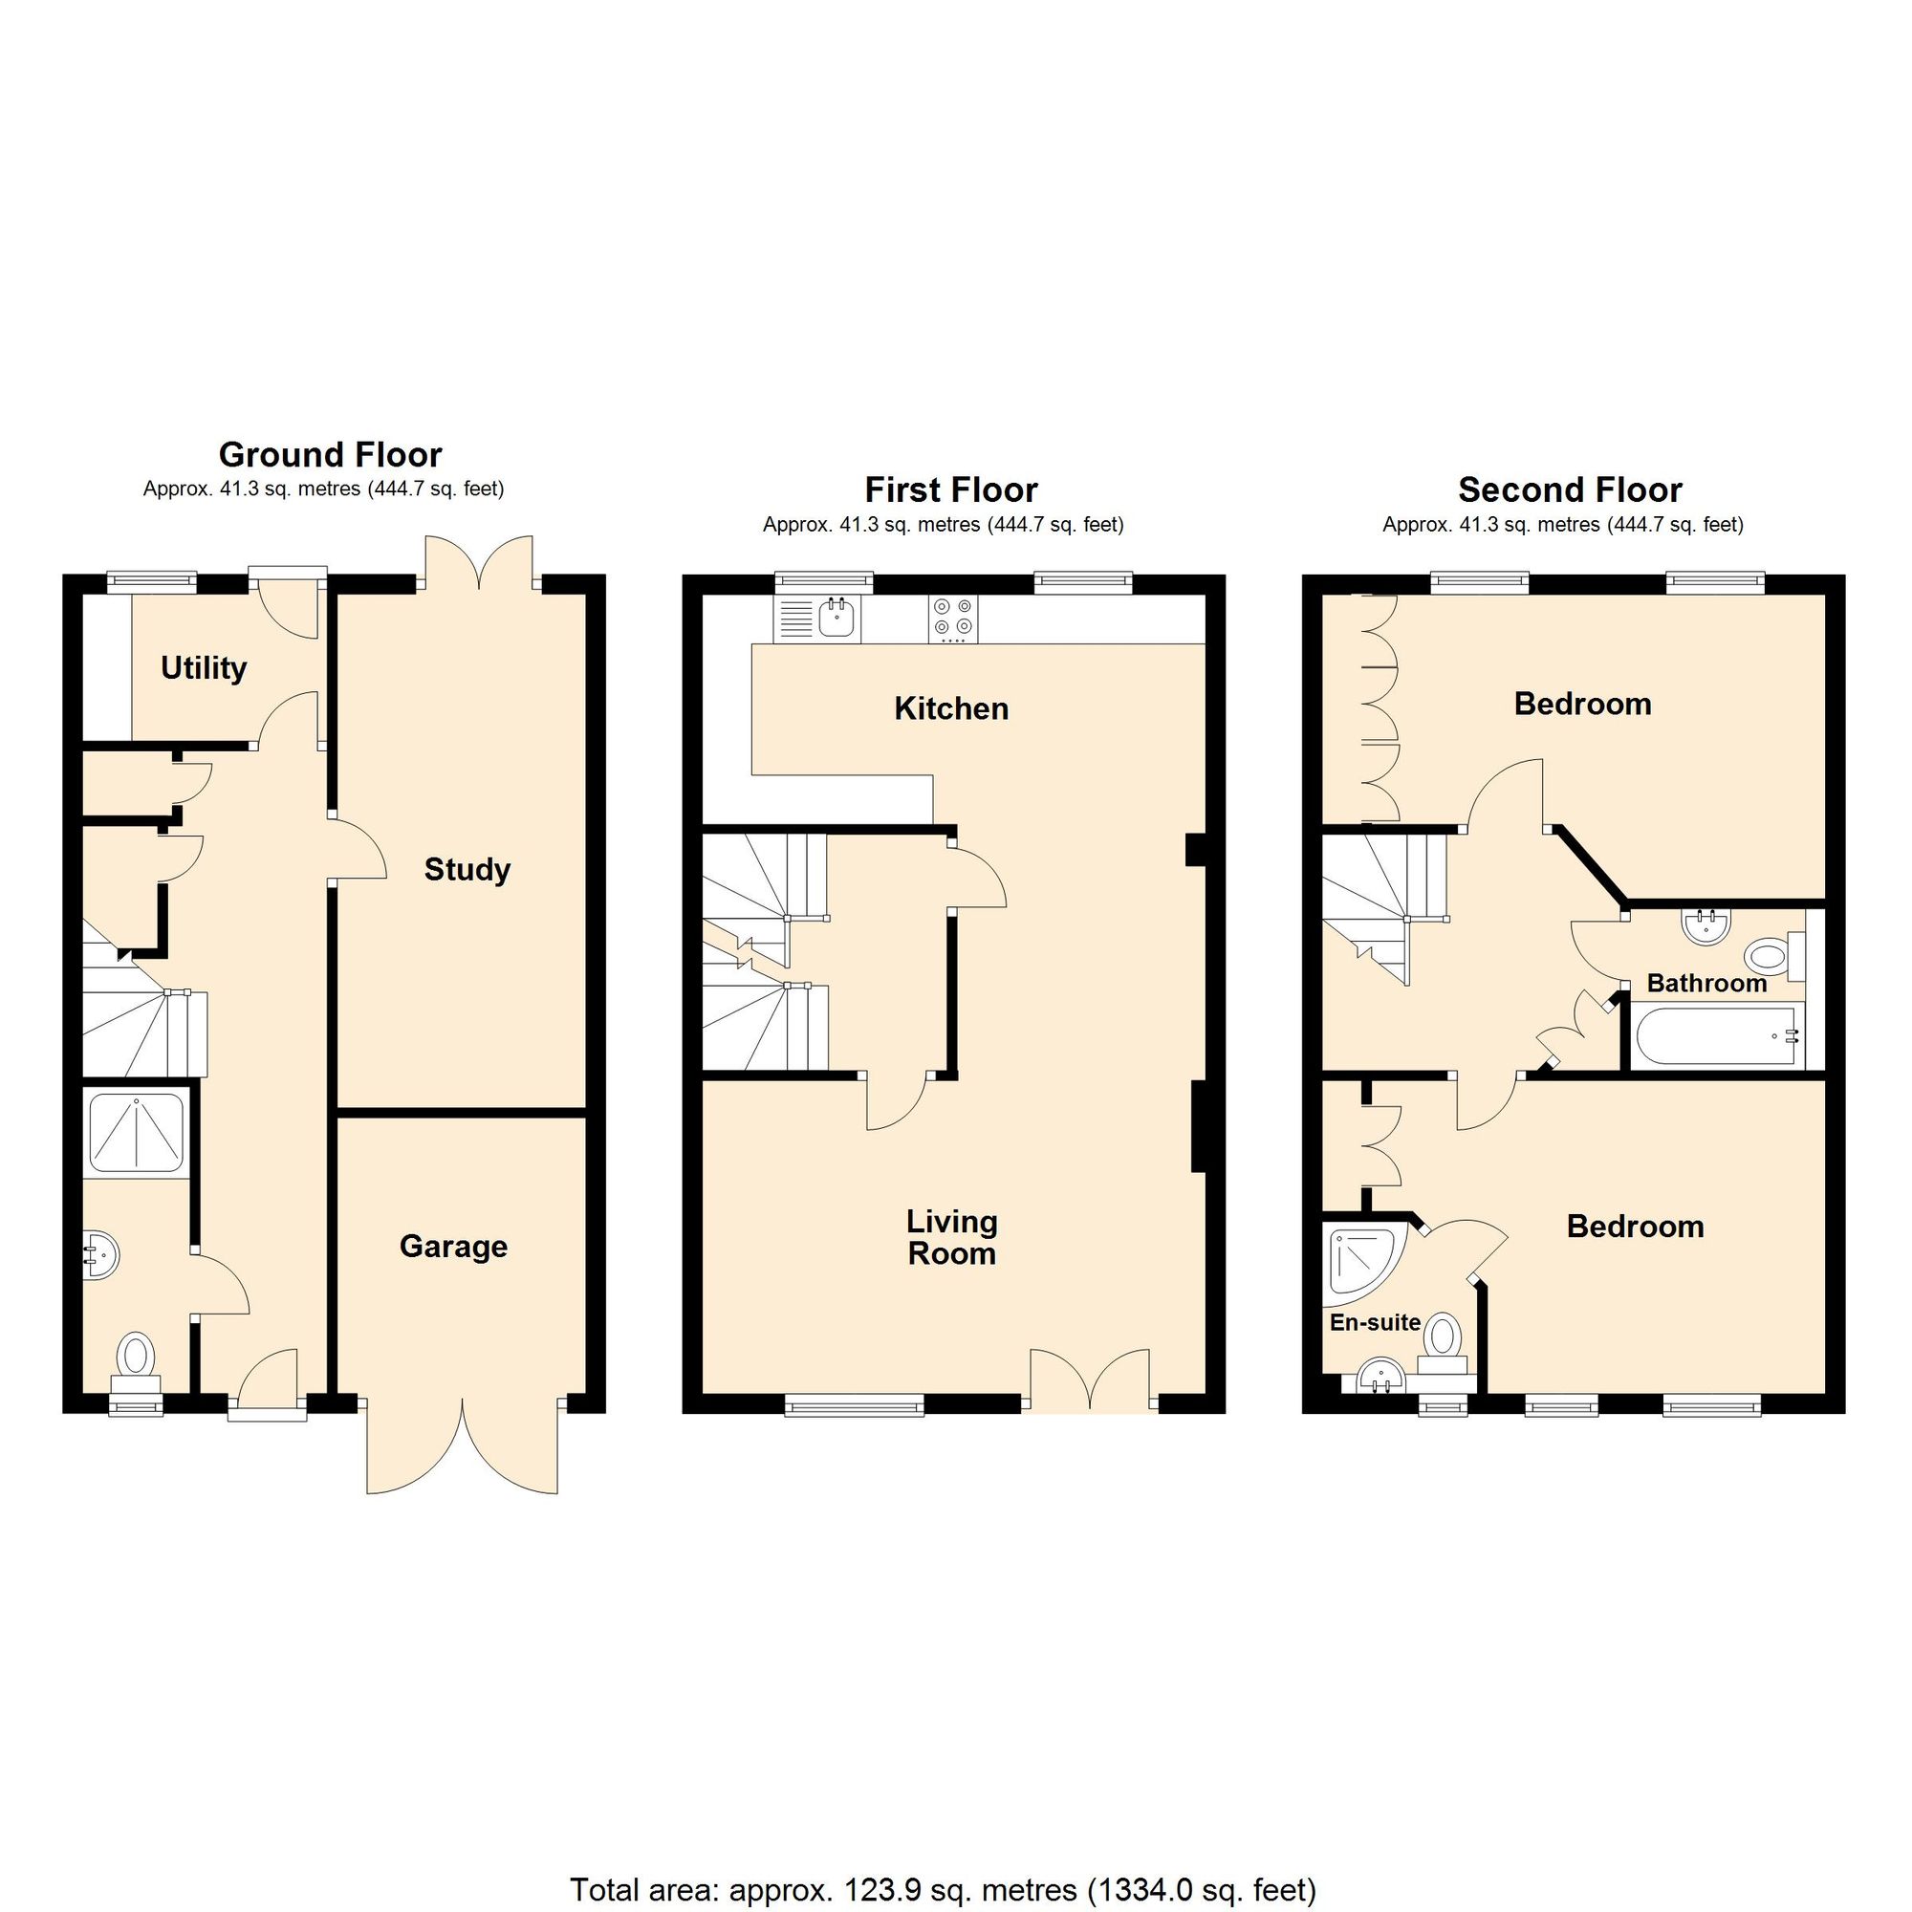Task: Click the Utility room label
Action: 203,668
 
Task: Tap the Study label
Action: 467,869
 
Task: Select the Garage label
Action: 453,1246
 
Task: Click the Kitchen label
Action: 951,708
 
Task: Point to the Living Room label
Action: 952,1237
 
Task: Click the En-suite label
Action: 1375,1322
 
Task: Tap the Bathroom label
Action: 1706,983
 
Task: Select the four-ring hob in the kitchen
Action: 953,619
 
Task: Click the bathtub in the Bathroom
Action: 1718,1036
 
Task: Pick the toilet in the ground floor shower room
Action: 136,1357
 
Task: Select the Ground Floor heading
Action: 330,454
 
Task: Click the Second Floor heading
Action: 1570,489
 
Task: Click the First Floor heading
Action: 950,489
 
